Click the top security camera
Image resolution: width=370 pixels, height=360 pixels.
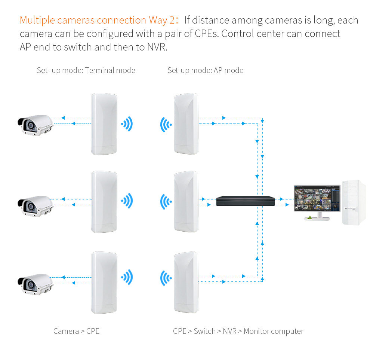[36, 125]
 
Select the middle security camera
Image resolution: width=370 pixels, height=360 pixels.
[36, 206]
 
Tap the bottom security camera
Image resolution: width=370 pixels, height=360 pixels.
[36, 285]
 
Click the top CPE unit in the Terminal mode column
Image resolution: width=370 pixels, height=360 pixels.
[104, 124]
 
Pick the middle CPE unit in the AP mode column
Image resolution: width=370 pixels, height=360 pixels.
[186, 201]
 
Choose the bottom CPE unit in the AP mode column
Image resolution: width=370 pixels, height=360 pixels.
[186, 282]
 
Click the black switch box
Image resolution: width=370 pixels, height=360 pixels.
[246, 201]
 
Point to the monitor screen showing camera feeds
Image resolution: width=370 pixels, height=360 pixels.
[317, 198]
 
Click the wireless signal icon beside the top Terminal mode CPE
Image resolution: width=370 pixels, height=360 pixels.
[127, 124]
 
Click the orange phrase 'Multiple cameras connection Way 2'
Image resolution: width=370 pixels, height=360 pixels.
[98, 20]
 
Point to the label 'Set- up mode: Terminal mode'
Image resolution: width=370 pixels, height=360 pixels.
[86, 70]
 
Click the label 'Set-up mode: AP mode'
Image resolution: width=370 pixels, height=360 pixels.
[206, 70]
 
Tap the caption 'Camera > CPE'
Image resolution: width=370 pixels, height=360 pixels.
[76, 331]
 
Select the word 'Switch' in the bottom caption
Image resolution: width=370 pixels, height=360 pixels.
[204, 331]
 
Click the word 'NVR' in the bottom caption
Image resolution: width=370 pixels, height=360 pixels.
[229, 331]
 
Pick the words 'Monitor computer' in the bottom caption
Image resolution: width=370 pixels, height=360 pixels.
[274, 332]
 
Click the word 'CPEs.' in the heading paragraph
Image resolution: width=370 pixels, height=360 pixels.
[207, 34]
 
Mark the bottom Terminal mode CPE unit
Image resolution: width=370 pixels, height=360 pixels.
[104, 283]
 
